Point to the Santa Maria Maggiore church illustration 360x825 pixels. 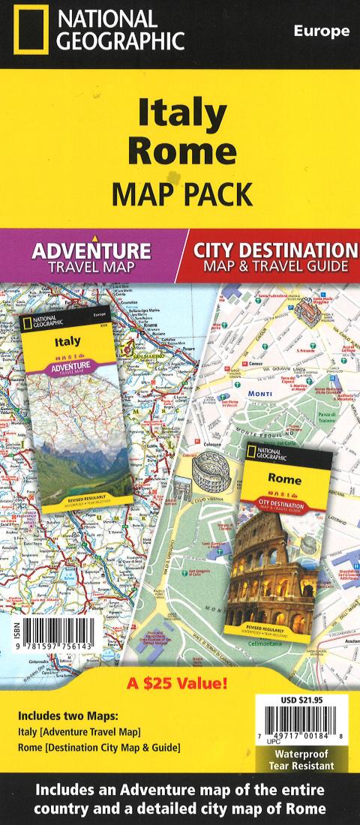(307, 307)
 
